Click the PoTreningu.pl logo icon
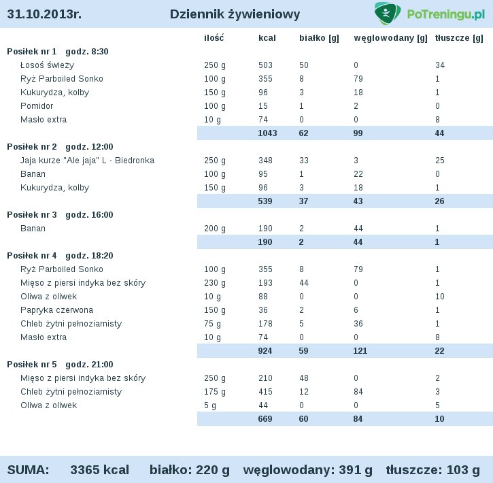(x=388, y=13)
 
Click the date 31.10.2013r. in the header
(x=44, y=14)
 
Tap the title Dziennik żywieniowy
(x=235, y=14)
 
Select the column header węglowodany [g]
(x=390, y=38)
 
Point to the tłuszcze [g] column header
(x=459, y=38)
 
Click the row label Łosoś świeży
(x=47, y=65)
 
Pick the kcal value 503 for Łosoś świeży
(x=265, y=65)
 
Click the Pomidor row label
(x=37, y=106)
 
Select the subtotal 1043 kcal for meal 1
(x=267, y=133)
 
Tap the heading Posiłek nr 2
(x=32, y=147)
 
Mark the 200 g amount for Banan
(x=215, y=229)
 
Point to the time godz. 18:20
(x=89, y=256)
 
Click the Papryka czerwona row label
(x=56, y=310)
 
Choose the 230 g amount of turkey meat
(x=215, y=283)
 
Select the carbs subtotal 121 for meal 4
(x=360, y=351)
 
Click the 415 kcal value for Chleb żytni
(x=265, y=392)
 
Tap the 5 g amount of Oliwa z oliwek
(x=210, y=405)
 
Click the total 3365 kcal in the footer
(x=100, y=470)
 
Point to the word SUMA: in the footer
(x=29, y=470)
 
